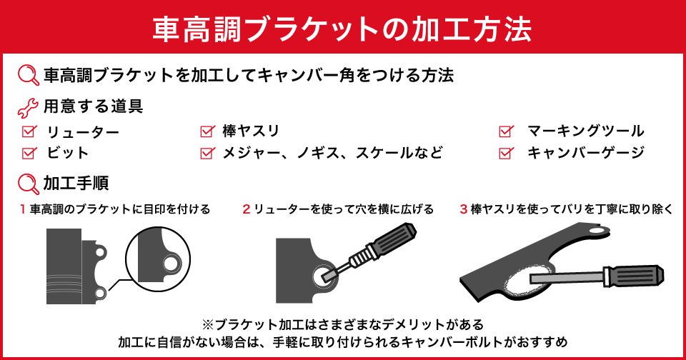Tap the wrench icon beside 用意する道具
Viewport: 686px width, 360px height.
[x=27, y=108]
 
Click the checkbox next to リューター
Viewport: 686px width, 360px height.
[x=29, y=131]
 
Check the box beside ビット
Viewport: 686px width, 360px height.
[x=29, y=152]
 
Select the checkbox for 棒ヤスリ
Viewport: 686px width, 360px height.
[x=207, y=131]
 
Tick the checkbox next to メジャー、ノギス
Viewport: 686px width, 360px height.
[x=207, y=152]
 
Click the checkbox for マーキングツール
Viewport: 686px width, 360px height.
[x=506, y=131]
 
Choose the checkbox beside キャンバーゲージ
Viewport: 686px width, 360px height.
[x=506, y=152]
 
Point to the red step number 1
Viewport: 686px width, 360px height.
[x=23, y=209]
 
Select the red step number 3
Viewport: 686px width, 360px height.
[x=464, y=209]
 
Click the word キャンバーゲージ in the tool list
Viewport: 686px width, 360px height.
[x=585, y=152]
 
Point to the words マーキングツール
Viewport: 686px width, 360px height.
[x=585, y=131]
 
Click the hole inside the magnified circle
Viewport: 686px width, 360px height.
[x=171, y=264]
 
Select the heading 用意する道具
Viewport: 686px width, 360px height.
[x=93, y=108]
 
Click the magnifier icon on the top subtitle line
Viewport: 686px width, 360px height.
[x=27, y=75]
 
